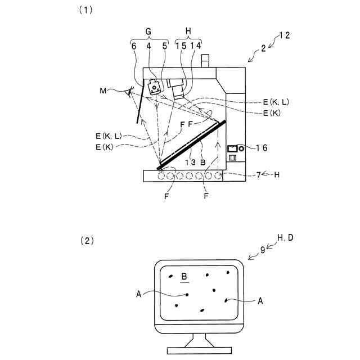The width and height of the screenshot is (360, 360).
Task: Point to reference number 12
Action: point(285,37)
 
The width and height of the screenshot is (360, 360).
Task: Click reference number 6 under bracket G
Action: point(134,47)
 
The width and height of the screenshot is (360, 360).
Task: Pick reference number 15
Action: point(181,47)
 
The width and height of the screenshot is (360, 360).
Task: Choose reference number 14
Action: point(196,47)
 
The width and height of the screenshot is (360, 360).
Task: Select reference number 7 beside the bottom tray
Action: point(259,175)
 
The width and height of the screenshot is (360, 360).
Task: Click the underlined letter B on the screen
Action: point(184,277)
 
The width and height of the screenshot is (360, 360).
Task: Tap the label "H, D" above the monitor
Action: point(285,238)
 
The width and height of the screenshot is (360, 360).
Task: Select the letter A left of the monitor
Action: point(138,293)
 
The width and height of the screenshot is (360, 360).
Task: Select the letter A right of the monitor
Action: point(260,301)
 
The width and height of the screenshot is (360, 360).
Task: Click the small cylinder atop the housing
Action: point(204,60)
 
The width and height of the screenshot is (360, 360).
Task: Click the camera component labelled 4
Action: point(154,87)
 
